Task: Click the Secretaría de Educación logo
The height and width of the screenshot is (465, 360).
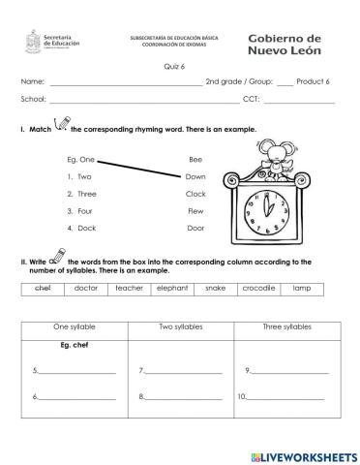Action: click(43, 45)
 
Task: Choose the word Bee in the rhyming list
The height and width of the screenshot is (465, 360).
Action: click(194, 159)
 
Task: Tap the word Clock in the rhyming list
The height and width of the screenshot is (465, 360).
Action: click(195, 194)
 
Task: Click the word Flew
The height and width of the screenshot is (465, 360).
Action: click(195, 210)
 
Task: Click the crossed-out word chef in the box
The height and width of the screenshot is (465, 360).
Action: click(42, 289)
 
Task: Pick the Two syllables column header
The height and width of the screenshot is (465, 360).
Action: click(180, 327)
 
